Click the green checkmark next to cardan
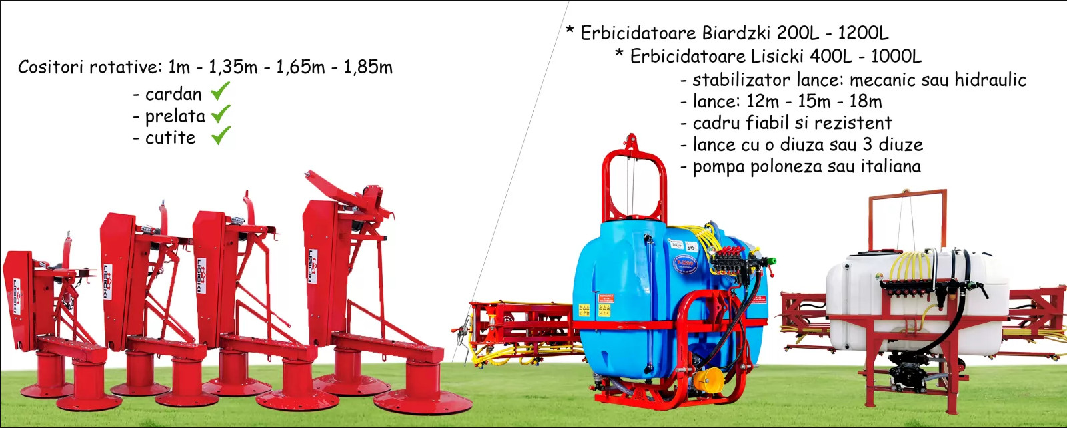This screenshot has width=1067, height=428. click(220, 91)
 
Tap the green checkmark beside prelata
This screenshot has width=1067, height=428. click(221, 114)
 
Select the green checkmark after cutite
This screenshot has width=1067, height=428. click(221, 136)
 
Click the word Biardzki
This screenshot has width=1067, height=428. click(736, 33)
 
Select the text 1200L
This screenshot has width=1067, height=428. click(863, 33)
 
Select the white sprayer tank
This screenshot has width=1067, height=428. click(917, 304)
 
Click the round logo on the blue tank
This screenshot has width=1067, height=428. click(685, 264)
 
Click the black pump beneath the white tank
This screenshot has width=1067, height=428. click(909, 367)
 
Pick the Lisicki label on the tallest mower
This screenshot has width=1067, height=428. click(313, 267)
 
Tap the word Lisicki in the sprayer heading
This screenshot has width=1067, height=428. click(777, 56)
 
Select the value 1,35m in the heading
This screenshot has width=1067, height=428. click(233, 67)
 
